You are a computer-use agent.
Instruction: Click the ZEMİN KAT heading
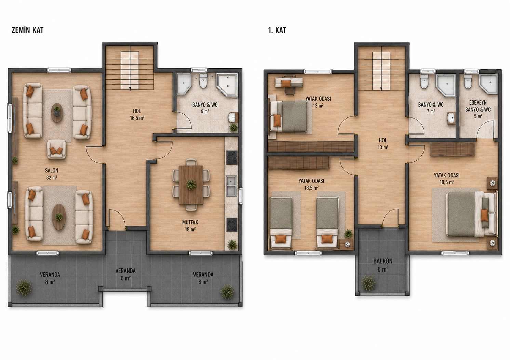tap(27, 30)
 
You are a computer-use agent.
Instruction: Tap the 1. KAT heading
tap(277, 30)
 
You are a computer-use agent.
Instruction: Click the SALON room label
tap(52, 170)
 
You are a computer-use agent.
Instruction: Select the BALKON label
tap(383, 261)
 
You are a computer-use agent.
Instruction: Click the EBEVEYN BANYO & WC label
tap(478, 106)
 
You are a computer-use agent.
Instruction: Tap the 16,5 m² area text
tap(137, 118)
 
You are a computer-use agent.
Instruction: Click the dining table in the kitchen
tap(191, 185)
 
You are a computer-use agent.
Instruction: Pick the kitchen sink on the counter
tap(231, 186)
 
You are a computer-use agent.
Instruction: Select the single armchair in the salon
tap(57, 149)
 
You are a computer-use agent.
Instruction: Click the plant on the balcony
tap(368, 283)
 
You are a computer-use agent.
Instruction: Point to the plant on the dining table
tap(191, 184)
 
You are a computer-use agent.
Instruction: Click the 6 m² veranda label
tap(125, 274)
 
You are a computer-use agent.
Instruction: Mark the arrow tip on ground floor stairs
tap(130, 90)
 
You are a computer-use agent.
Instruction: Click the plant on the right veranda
tap(227, 292)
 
